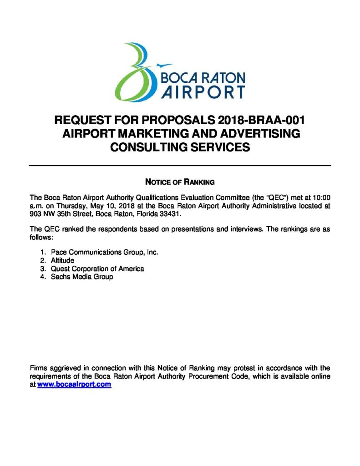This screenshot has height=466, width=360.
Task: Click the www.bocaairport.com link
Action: coord(74,385)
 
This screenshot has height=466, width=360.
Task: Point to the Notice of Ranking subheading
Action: coord(179,182)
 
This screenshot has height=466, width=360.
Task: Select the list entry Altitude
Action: coord(62,260)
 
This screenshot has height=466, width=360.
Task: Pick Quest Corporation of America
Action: coord(97,268)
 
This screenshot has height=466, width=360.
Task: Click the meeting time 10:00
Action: coord(321,198)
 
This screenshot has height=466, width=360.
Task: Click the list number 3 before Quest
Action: coord(42,268)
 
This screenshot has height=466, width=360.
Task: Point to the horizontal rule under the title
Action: coord(180,165)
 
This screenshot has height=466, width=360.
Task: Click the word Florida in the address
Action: coord(140,214)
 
